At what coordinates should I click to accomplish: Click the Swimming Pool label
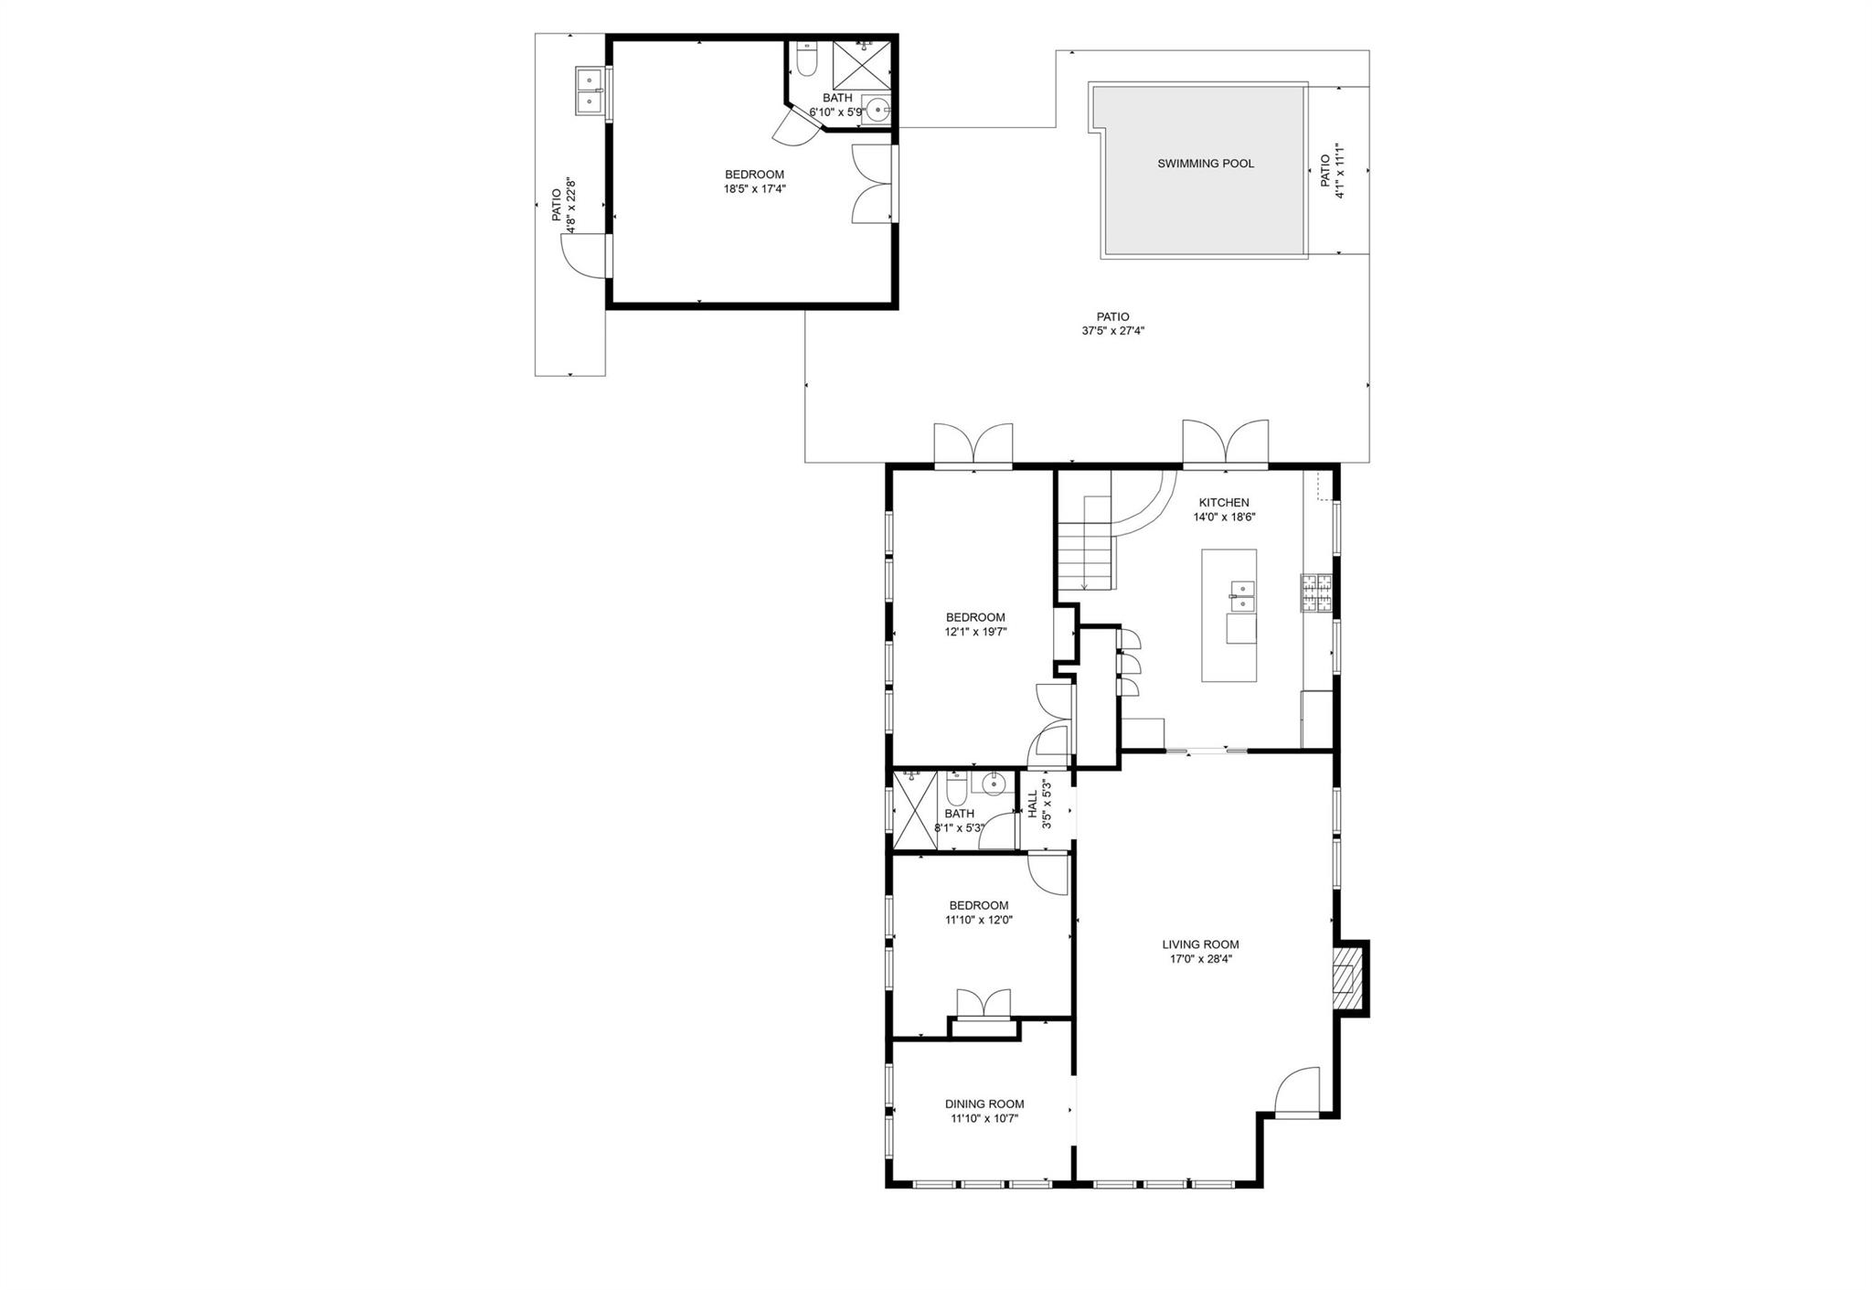coord(1206,164)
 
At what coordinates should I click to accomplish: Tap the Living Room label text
coord(1200,944)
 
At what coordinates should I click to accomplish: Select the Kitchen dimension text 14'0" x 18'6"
coord(1224,517)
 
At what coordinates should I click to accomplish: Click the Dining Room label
coord(984,1103)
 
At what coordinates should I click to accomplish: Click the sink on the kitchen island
coord(1241,595)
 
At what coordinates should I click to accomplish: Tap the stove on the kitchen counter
coord(1317,592)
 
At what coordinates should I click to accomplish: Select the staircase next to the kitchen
coord(1085,543)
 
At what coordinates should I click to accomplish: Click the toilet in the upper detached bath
coord(806,59)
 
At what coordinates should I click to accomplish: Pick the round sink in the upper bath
coord(877,111)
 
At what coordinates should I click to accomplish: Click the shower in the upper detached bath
coord(861,62)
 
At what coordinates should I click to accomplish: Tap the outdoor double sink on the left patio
coord(590,91)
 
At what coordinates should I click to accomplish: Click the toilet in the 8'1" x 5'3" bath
coord(956,787)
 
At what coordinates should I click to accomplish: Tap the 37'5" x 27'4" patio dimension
coord(1113,331)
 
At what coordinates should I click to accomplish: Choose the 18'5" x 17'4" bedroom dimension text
coord(755,189)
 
